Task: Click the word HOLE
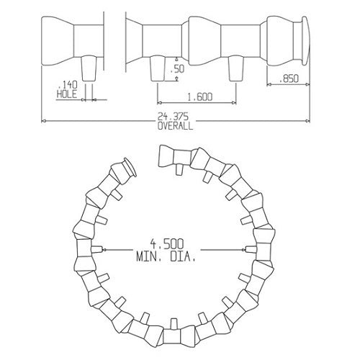click(66, 93)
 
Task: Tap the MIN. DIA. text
click(164, 256)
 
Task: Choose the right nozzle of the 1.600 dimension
click(234, 69)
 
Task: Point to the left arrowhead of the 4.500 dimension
click(105, 251)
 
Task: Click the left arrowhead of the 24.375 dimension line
click(44, 120)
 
